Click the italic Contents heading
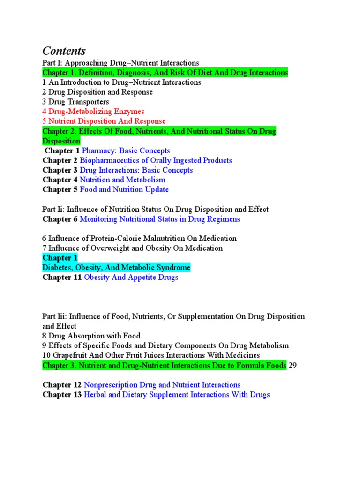(x=64, y=51)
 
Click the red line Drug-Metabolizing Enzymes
(x=93, y=112)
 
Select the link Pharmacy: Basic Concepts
(x=126, y=150)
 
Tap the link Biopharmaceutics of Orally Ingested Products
(x=156, y=160)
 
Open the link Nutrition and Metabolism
(x=122, y=180)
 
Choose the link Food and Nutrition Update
(x=124, y=189)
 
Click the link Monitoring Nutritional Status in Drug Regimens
(x=160, y=219)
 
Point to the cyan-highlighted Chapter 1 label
(x=60, y=258)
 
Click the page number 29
(x=292, y=366)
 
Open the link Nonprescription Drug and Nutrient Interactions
(x=162, y=385)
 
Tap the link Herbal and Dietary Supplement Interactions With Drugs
(x=177, y=395)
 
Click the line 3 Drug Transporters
(x=75, y=102)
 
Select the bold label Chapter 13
(x=62, y=395)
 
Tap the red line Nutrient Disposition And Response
(x=104, y=121)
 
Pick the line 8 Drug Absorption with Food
(x=91, y=336)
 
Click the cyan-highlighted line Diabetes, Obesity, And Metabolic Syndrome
(x=116, y=268)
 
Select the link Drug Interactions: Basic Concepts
(x=136, y=170)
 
